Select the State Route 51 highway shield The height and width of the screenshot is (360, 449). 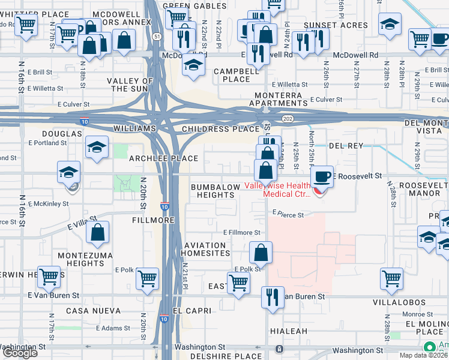157,37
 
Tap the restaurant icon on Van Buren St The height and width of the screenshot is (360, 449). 273,297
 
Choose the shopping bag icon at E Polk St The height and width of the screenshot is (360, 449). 261,253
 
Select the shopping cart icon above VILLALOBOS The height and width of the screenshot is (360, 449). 391,278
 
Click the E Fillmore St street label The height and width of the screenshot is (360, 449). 242,232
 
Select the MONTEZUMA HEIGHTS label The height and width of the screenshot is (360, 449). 81,259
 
